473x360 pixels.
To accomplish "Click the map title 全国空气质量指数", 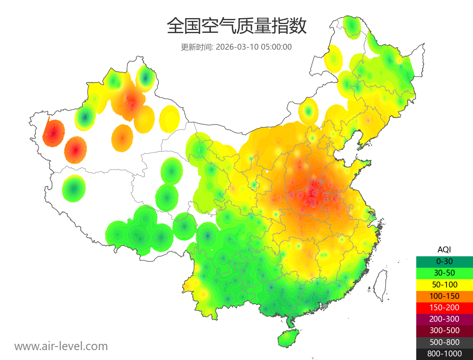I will (x=236, y=26).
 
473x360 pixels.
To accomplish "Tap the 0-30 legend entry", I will (x=444, y=261).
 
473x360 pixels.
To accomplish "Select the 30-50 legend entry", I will (x=444, y=272).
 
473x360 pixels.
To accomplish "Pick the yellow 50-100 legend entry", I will (x=444, y=284).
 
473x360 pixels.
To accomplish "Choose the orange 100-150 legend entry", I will (x=444, y=296).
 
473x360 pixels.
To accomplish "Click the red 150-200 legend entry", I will (x=444, y=307).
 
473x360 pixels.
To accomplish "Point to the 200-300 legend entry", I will (x=444, y=319).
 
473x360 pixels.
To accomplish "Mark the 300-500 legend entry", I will (x=444, y=330).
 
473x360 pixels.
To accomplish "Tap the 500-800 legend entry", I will (x=444, y=342).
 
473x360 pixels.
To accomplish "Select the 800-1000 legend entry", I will (x=444, y=354).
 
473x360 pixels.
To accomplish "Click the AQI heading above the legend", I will (x=444, y=249).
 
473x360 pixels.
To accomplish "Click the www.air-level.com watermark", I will (x=61, y=346).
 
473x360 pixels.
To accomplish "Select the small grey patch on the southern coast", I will (x=325, y=305).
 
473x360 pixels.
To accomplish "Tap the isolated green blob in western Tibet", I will (x=74, y=188).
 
